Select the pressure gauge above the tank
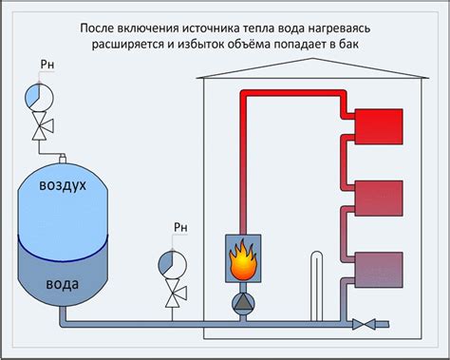pyautogui.click(x=37, y=95)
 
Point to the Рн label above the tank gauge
pyautogui.click(x=48, y=66)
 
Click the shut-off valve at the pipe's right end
pyautogui.click(x=363, y=324)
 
